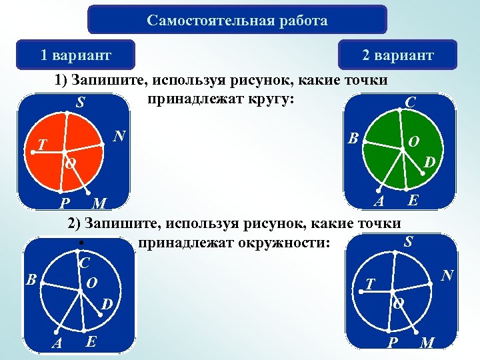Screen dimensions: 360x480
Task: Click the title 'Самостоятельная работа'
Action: [237, 20]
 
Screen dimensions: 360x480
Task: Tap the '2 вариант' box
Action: [397, 55]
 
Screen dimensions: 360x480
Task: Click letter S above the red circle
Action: [80, 103]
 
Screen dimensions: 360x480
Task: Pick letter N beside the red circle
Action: [119, 137]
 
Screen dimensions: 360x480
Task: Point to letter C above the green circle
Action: [411, 103]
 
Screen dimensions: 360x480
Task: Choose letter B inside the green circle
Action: [354, 139]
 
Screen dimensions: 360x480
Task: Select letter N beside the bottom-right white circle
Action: [447, 275]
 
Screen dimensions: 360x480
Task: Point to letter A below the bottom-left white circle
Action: [57, 343]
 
